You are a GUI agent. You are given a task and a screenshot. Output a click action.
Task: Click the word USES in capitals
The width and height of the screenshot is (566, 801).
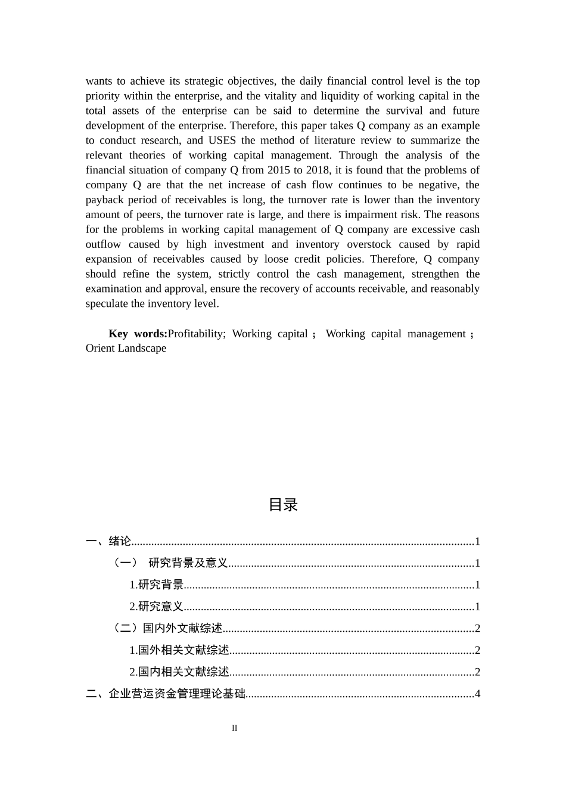(x=222, y=141)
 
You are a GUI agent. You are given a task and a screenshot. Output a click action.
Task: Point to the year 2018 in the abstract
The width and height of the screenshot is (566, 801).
(x=318, y=170)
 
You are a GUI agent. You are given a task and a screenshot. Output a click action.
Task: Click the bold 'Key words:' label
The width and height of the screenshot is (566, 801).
(x=138, y=334)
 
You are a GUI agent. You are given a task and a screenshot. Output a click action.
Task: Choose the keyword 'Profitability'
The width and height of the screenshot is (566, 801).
(x=196, y=334)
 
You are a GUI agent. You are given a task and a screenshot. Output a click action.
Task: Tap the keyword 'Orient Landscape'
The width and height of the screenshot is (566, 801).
(x=126, y=349)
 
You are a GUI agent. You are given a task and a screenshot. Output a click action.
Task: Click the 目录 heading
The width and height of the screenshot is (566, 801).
(x=283, y=505)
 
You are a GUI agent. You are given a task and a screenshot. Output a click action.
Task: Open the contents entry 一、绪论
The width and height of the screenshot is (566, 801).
(x=108, y=541)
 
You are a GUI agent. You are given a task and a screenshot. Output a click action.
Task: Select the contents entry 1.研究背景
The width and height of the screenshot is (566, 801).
(x=156, y=585)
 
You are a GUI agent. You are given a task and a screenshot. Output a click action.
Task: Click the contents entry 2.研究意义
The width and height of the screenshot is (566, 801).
(x=156, y=607)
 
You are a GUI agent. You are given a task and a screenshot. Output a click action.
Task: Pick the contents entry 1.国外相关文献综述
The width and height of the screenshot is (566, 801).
(x=179, y=650)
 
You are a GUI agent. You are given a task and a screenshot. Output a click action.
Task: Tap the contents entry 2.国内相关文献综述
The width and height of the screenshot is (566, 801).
(x=179, y=672)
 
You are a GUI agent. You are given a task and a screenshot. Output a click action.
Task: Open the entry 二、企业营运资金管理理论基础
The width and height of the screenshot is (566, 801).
(x=166, y=694)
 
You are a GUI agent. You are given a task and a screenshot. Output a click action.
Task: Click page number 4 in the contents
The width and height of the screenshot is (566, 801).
(x=477, y=694)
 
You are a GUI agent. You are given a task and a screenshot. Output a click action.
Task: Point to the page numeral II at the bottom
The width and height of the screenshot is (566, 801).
(x=235, y=728)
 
